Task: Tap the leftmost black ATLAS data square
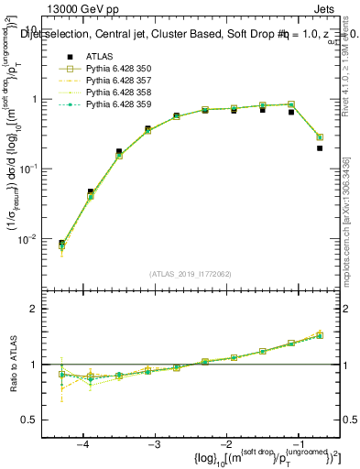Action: [61, 244]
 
